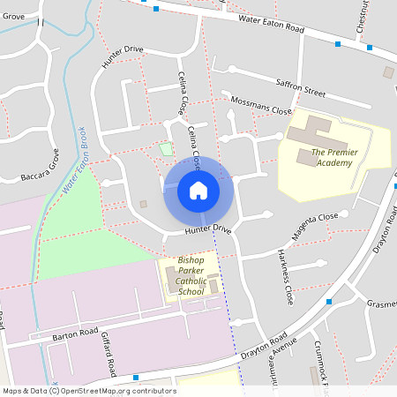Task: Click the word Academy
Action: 336,162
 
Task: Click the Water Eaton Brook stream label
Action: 76,160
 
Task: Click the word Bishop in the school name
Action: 190,261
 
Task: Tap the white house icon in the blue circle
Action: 198,190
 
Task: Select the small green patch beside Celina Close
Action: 167,148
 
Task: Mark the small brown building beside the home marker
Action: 143,205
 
